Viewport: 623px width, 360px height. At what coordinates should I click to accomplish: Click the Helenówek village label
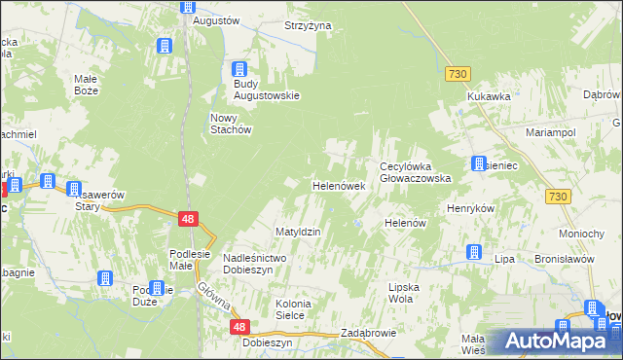338,185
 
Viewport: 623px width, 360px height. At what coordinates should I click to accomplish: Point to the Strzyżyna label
308,25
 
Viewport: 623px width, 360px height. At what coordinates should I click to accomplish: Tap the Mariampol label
550,131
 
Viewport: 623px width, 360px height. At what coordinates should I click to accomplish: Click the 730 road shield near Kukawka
458,74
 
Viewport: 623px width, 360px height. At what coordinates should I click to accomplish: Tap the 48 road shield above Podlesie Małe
189,220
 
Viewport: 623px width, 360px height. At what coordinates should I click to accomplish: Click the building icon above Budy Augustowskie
239,69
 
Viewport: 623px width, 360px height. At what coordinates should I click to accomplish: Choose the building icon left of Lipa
473,252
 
